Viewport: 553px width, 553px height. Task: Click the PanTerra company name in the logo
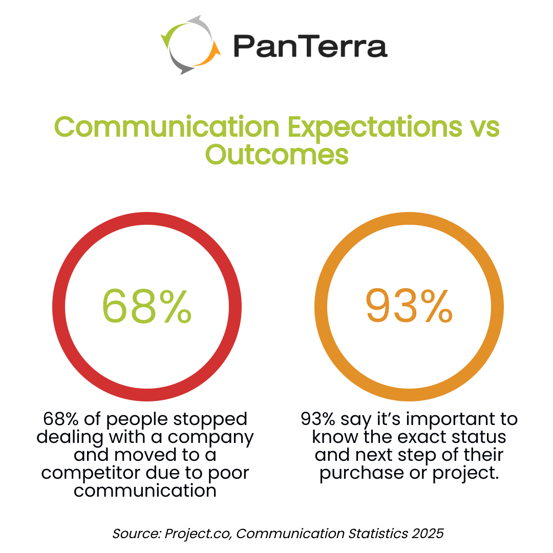pos(310,46)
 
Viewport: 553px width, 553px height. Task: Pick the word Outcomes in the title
pos(277,154)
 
